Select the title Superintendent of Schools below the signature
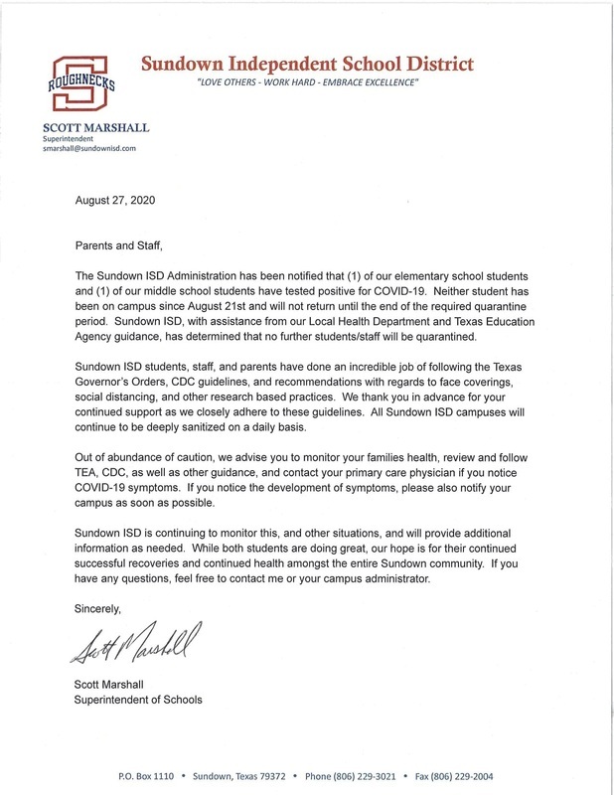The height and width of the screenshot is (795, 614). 139,700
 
